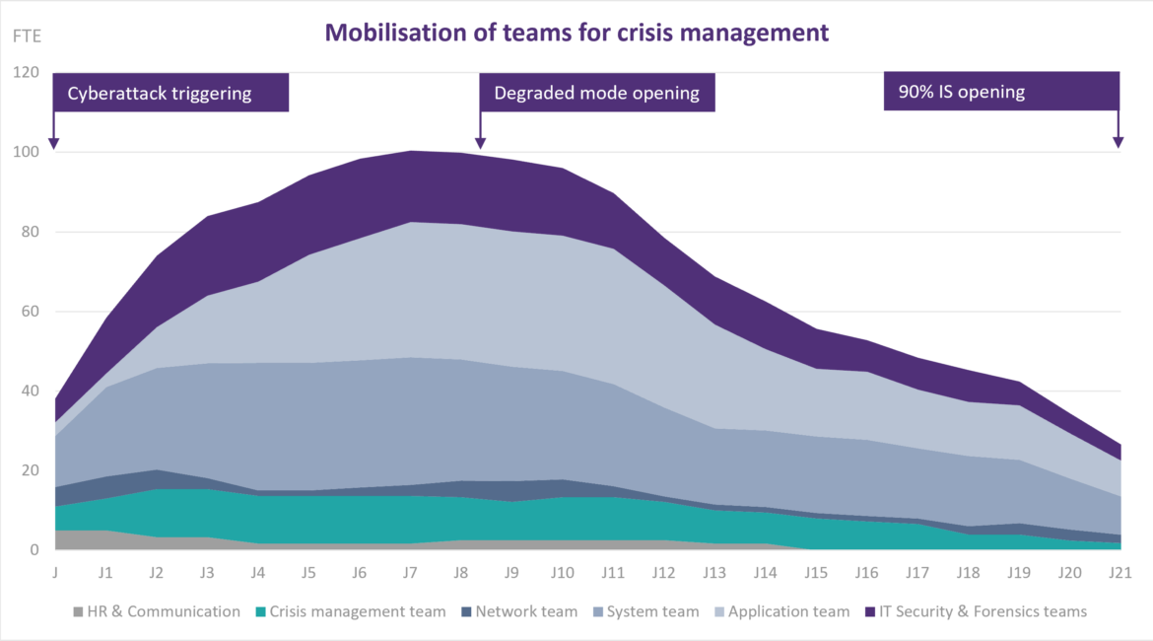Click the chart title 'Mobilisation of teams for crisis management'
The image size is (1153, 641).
tap(576, 33)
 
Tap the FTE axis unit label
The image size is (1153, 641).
tap(26, 36)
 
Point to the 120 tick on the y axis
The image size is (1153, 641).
tap(26, 73)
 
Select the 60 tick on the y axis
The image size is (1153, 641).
tap(30, 312)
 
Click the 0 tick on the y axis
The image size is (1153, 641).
tap(34, 549)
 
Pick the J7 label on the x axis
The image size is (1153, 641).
tap(410, 571)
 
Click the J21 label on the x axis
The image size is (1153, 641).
tap(1119, 571)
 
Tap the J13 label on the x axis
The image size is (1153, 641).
tap(713, 571)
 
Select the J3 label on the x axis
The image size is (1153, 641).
tap(207, 571)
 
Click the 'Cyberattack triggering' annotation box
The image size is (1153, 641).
tap(170, 93)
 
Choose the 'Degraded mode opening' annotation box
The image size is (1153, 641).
tap(596, 93)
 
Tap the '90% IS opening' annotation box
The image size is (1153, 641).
tap(1001, 91)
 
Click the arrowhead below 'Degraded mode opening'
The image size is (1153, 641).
tap(480, 143)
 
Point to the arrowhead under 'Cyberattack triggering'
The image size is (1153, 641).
tap(54, 143)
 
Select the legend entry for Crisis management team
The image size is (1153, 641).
tap(350, 611)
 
